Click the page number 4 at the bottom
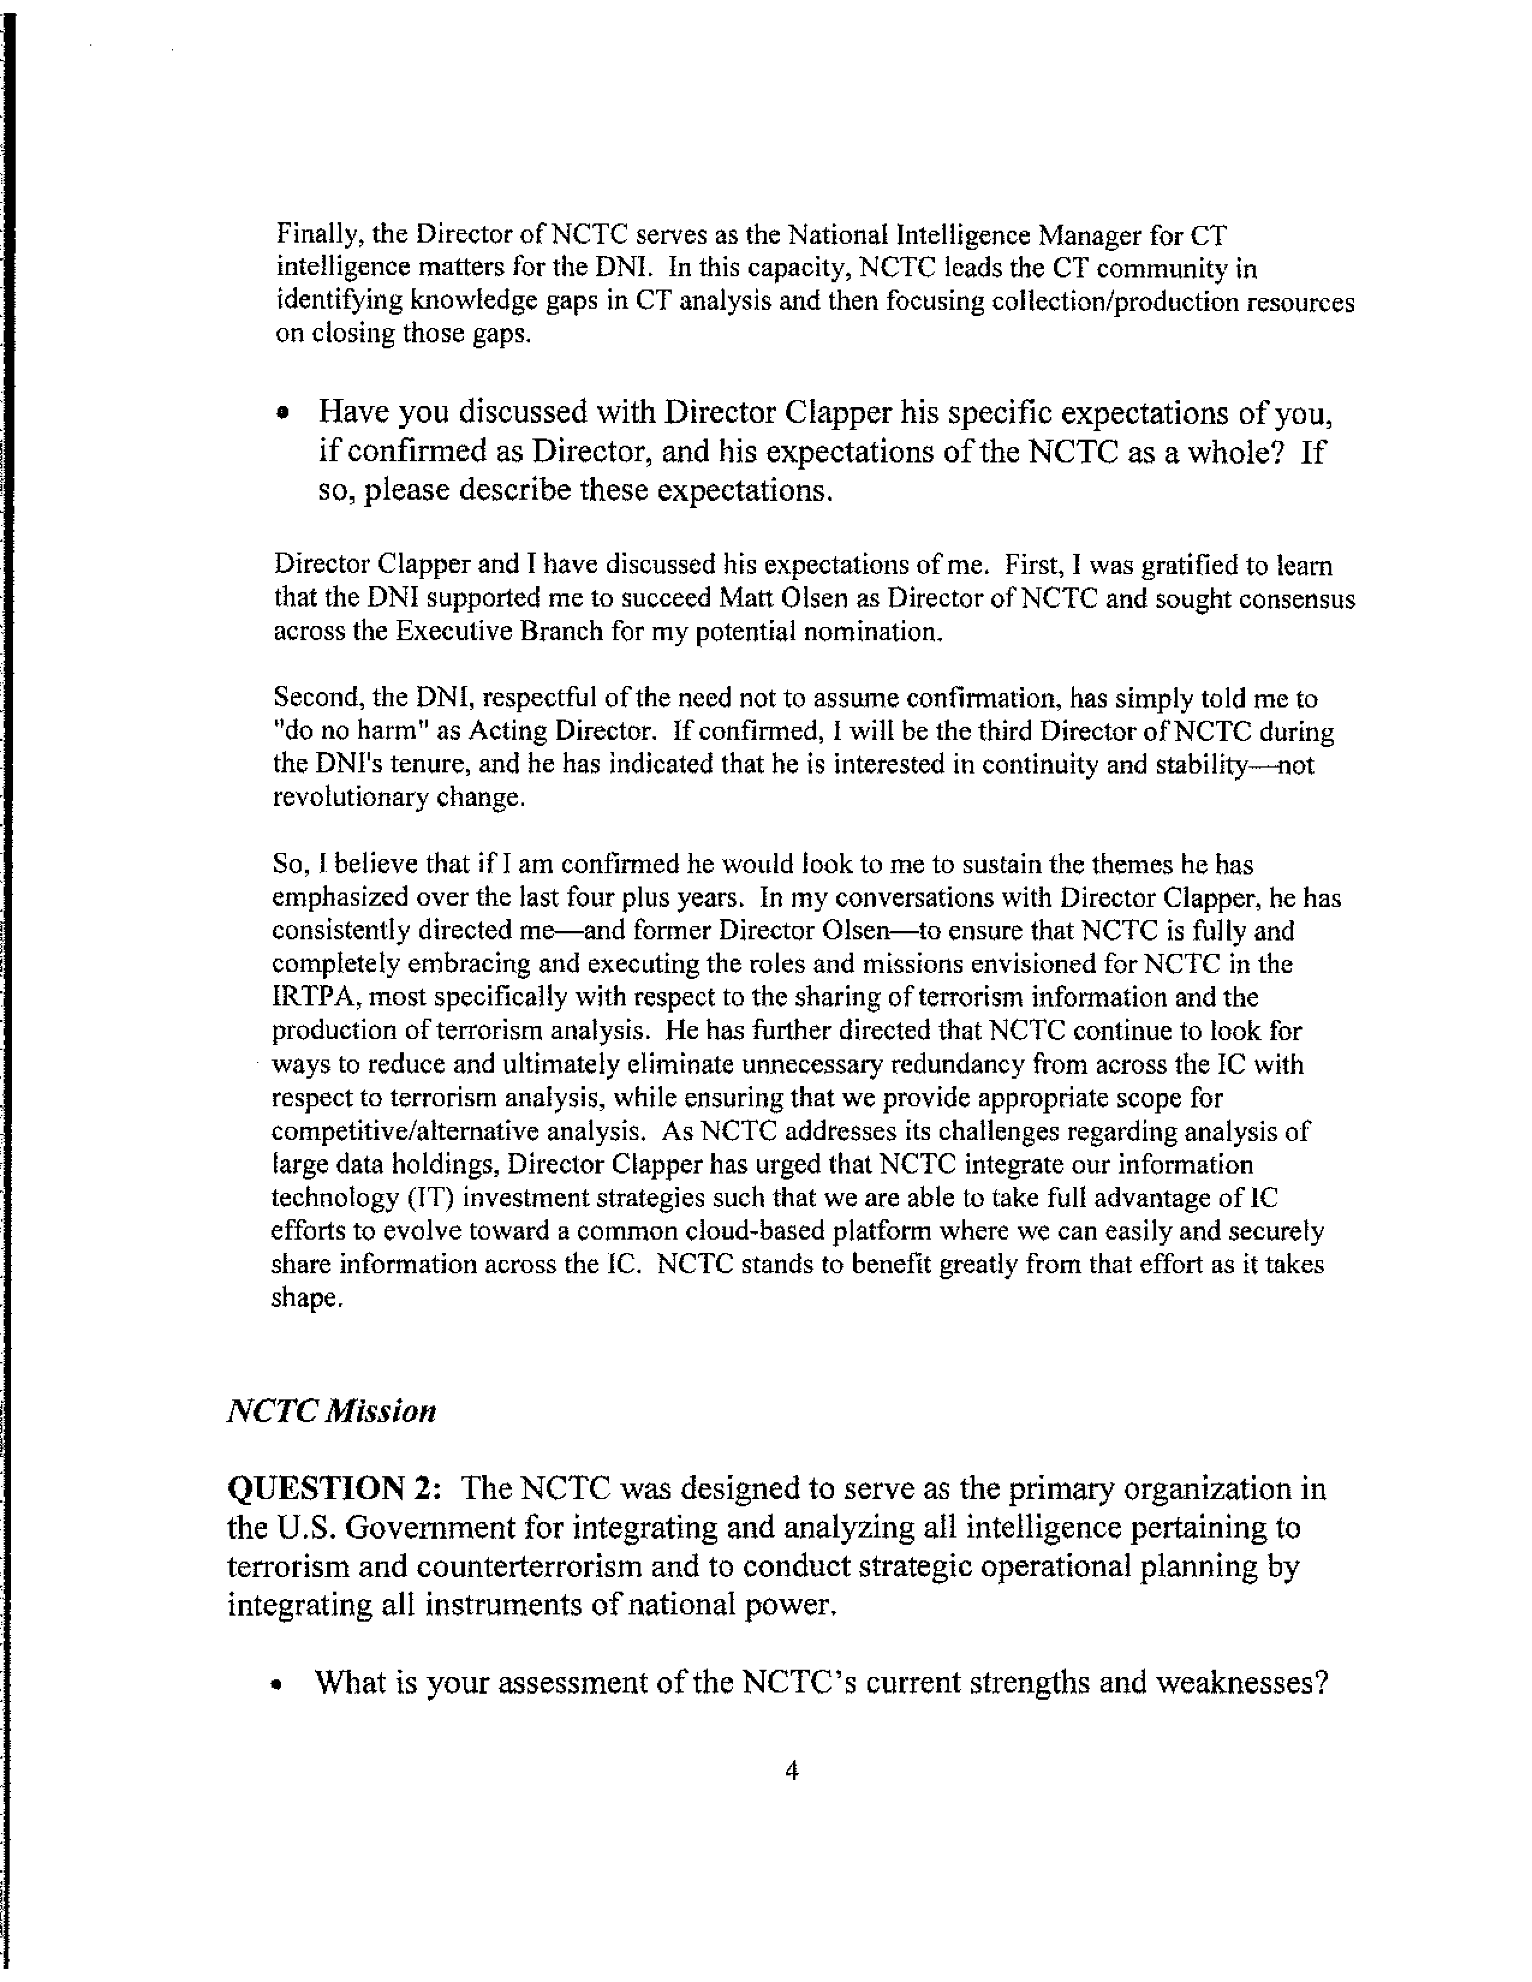click(791, 1769)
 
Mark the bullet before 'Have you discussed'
click(284, 414)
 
